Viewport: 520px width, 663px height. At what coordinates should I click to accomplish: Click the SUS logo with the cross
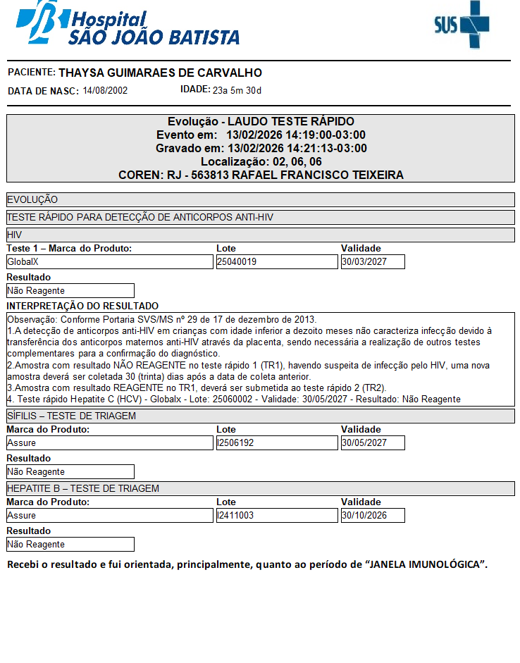pos(462,25)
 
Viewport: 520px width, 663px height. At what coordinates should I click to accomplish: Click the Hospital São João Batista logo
pos(127,25)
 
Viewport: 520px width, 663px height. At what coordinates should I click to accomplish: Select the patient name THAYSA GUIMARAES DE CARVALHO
pos(160,73)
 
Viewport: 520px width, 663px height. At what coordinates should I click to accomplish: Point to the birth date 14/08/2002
pos(105,90)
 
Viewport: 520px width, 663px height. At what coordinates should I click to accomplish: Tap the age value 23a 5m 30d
pos(237,90)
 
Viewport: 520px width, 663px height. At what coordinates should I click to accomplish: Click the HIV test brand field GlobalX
pos(109,262)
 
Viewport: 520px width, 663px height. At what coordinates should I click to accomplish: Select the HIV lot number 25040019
pos(276,262)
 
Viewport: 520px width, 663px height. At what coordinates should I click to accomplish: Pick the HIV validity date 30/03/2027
pos(373,262)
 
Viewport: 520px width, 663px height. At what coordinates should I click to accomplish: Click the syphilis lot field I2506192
pos(276,443)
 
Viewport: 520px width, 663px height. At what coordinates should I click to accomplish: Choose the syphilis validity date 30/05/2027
pos(373,443)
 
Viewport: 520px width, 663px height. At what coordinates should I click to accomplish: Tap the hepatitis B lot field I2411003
pos(276,516)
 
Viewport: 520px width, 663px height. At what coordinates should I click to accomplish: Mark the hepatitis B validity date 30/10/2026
pos(373,516)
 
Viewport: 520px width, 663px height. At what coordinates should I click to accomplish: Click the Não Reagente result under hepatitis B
pos(70,545)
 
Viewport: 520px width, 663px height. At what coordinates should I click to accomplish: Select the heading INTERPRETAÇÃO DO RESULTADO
pos(82,306)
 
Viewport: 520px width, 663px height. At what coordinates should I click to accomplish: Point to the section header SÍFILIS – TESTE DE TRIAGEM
pos(71,416)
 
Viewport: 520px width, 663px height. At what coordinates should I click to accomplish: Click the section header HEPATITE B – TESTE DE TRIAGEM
pos(82,488)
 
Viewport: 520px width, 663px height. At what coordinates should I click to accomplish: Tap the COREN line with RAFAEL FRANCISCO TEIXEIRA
pos(261,175)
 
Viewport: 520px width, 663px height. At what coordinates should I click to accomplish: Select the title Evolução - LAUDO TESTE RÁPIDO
pos(261,122)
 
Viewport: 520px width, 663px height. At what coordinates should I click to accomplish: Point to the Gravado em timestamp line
pos(261,148)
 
